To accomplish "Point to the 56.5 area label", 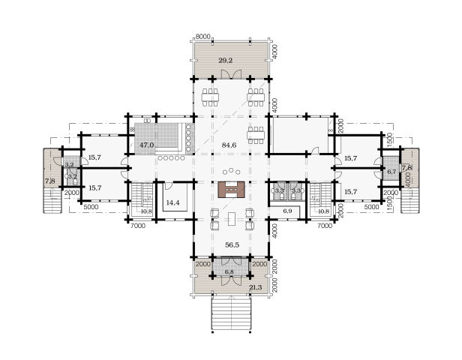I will pos(232,244).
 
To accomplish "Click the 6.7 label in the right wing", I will pos(391,172).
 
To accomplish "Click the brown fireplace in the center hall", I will pos(231,190).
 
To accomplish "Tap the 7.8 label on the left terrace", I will pos(49,181).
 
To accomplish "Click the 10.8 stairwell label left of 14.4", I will pos(146,211).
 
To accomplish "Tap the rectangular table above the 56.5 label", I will pos(231,219).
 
